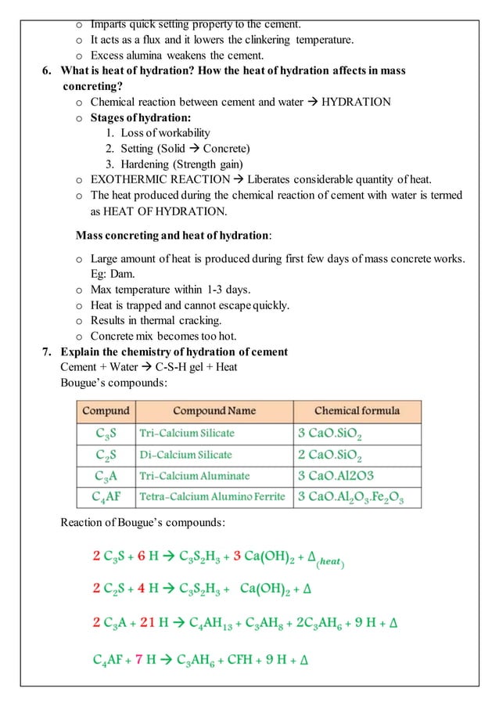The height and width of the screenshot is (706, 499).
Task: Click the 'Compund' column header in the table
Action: [x=106, y=411]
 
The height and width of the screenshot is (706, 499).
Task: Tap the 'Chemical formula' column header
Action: [x=357, y=411]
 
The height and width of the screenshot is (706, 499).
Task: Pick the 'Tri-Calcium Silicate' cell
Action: [x=187, y=433]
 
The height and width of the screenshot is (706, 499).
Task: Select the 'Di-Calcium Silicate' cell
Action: [x=185, y=455]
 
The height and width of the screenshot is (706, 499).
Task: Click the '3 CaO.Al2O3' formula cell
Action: [x=337, y=476]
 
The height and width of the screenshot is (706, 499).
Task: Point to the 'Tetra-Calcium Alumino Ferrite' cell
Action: [x=212, y=497]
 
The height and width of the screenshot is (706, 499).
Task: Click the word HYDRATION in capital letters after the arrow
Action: [x=357, y=103]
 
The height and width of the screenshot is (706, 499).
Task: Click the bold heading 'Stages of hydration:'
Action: [x=141, y=118]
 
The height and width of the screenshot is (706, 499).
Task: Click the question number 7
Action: [x=47, y=351]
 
